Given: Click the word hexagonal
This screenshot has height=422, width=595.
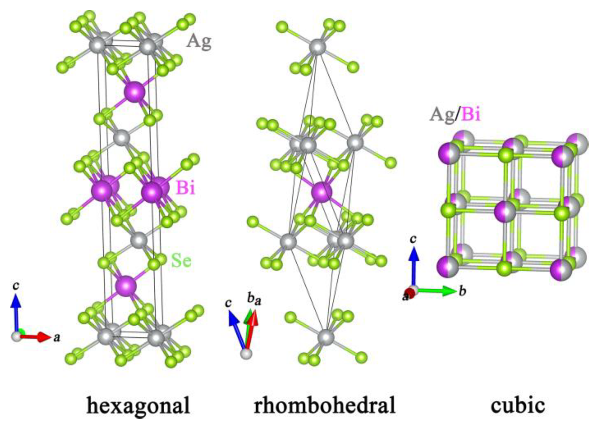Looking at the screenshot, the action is tap(138, 406).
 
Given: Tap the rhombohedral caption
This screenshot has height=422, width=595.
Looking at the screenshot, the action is tap(324, 406).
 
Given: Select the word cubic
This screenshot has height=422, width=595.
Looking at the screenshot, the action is tap(518, 405).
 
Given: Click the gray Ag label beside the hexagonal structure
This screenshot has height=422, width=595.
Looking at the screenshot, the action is tap(199, 41).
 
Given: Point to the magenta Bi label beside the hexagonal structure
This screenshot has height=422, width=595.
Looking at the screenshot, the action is tap(185, 187).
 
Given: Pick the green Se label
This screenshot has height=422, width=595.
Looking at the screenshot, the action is tap(181, 260).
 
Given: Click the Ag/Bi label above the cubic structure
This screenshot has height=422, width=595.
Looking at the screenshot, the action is tap(455, 113).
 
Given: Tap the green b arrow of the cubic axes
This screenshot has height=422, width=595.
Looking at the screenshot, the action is tap(436, 290).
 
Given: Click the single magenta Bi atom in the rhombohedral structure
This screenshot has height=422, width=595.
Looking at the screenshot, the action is tap(322, 192).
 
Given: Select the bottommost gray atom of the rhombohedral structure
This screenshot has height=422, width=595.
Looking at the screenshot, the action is tap(326, 337).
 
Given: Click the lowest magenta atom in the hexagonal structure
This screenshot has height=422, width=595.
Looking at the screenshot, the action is tap(126, 286).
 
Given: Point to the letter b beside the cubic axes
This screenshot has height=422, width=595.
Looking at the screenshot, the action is tap(462, 290).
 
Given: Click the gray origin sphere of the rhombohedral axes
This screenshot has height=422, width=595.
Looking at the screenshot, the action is tap(246, 353).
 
